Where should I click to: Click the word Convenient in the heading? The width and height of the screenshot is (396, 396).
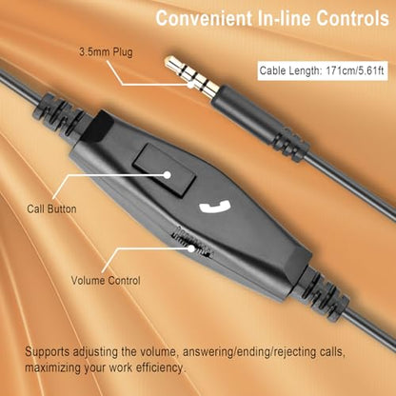pyautogui.click(x=203, y=18)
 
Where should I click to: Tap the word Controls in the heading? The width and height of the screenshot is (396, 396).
pyautogui.click(x=352, y=18)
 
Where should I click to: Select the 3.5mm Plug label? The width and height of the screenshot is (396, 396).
pyautogui.click(x=106, y=52)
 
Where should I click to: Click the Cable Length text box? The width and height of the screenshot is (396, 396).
pyautogui.click(x=323, y=70)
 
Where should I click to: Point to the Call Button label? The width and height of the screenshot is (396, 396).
pyautogui.click(x=51, y=209)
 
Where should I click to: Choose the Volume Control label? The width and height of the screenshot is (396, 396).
pyautogui.click(x=106, y=281)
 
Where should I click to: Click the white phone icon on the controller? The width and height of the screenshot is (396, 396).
pyautogui.click(x=215, y=208)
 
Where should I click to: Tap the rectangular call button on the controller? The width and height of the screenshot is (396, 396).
pyautogui.click(x=164, y=169)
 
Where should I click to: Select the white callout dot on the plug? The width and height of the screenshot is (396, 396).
pyautogui.click(x=190, y=85)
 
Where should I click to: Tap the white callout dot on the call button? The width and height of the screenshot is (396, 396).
pyautogui.click(x=168, y=175)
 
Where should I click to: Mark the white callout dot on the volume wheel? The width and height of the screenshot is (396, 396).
pyautogui.click(x=191, y=248)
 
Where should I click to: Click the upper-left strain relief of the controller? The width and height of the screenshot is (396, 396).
pyautogui.click(x=59, y=113)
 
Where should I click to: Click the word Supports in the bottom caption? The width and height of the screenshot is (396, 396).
pyautogui.click(x=47, y=352)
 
